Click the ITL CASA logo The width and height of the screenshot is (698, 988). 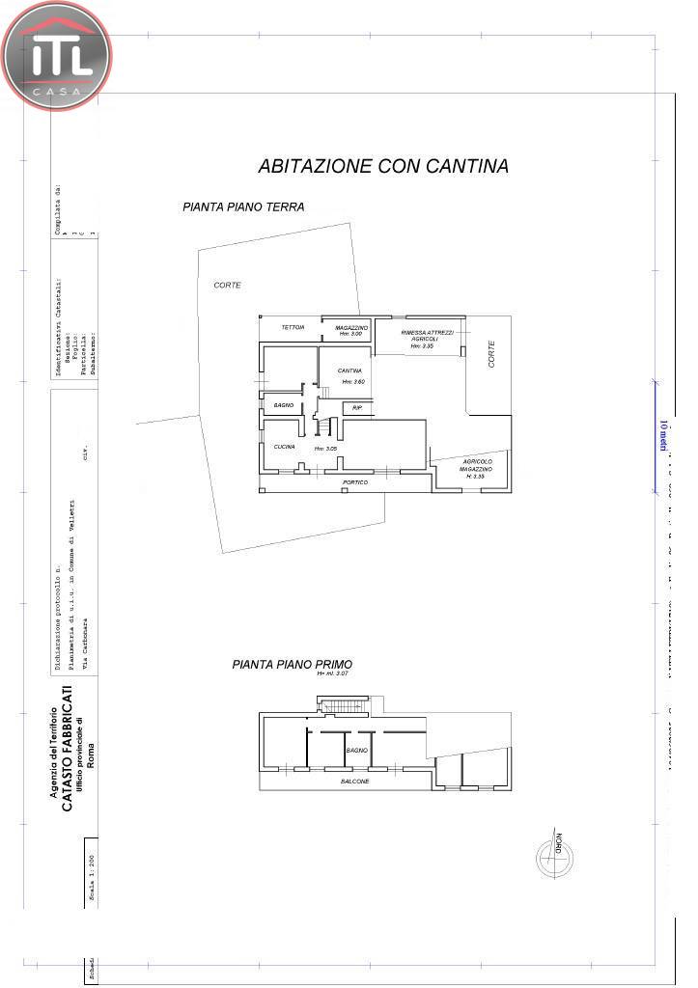[57, 56]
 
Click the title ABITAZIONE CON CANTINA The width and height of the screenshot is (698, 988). [383, 166]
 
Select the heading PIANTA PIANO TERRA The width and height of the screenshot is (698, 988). [243, 206]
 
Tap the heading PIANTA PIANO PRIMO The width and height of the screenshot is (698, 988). [292, 664]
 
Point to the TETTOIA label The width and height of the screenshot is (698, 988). [293, 328]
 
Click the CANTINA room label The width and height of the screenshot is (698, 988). [349, 370]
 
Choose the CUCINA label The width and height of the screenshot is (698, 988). [284, 447]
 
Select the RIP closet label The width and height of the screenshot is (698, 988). [356, 408]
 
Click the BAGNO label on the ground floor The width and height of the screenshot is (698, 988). [283, 405]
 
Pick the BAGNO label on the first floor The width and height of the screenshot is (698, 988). [356, 749]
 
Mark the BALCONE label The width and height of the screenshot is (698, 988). [354, 781]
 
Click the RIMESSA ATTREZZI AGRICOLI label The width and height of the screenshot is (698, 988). [421, 336]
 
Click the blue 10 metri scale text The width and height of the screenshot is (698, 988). [663, 435]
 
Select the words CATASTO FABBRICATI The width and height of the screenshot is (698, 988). [67, 750]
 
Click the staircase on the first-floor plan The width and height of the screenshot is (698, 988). [345, 706]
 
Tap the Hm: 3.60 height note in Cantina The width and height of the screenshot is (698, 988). [353, 382]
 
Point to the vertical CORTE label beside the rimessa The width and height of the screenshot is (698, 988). [491, 355]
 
